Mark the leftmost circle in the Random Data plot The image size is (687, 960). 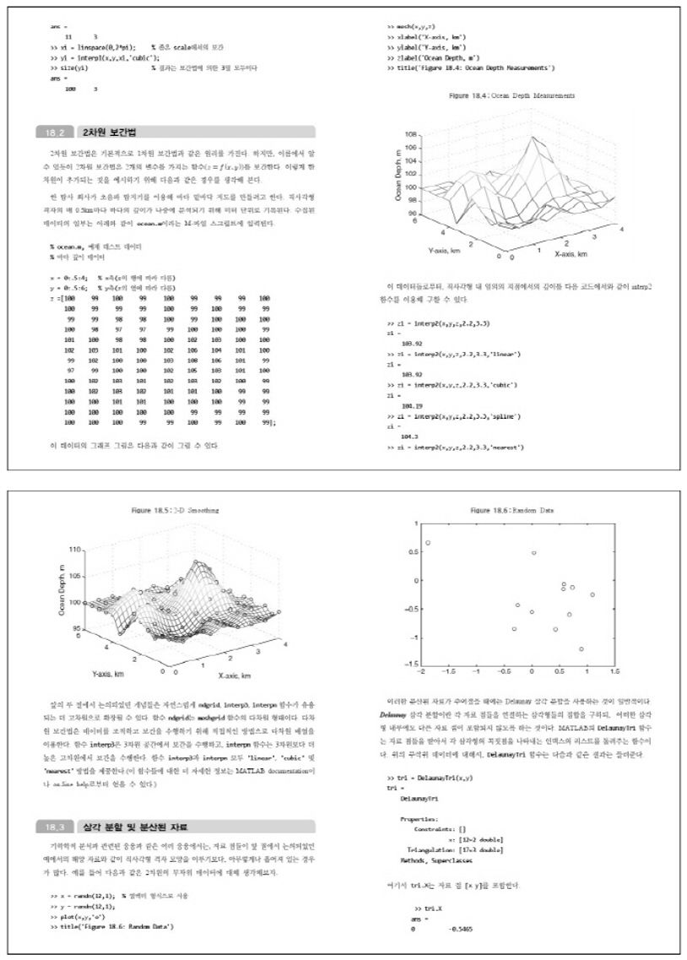[428, 543]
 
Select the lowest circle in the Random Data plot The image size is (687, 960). [582, 648]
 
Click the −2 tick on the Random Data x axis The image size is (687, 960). [422, 671]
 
